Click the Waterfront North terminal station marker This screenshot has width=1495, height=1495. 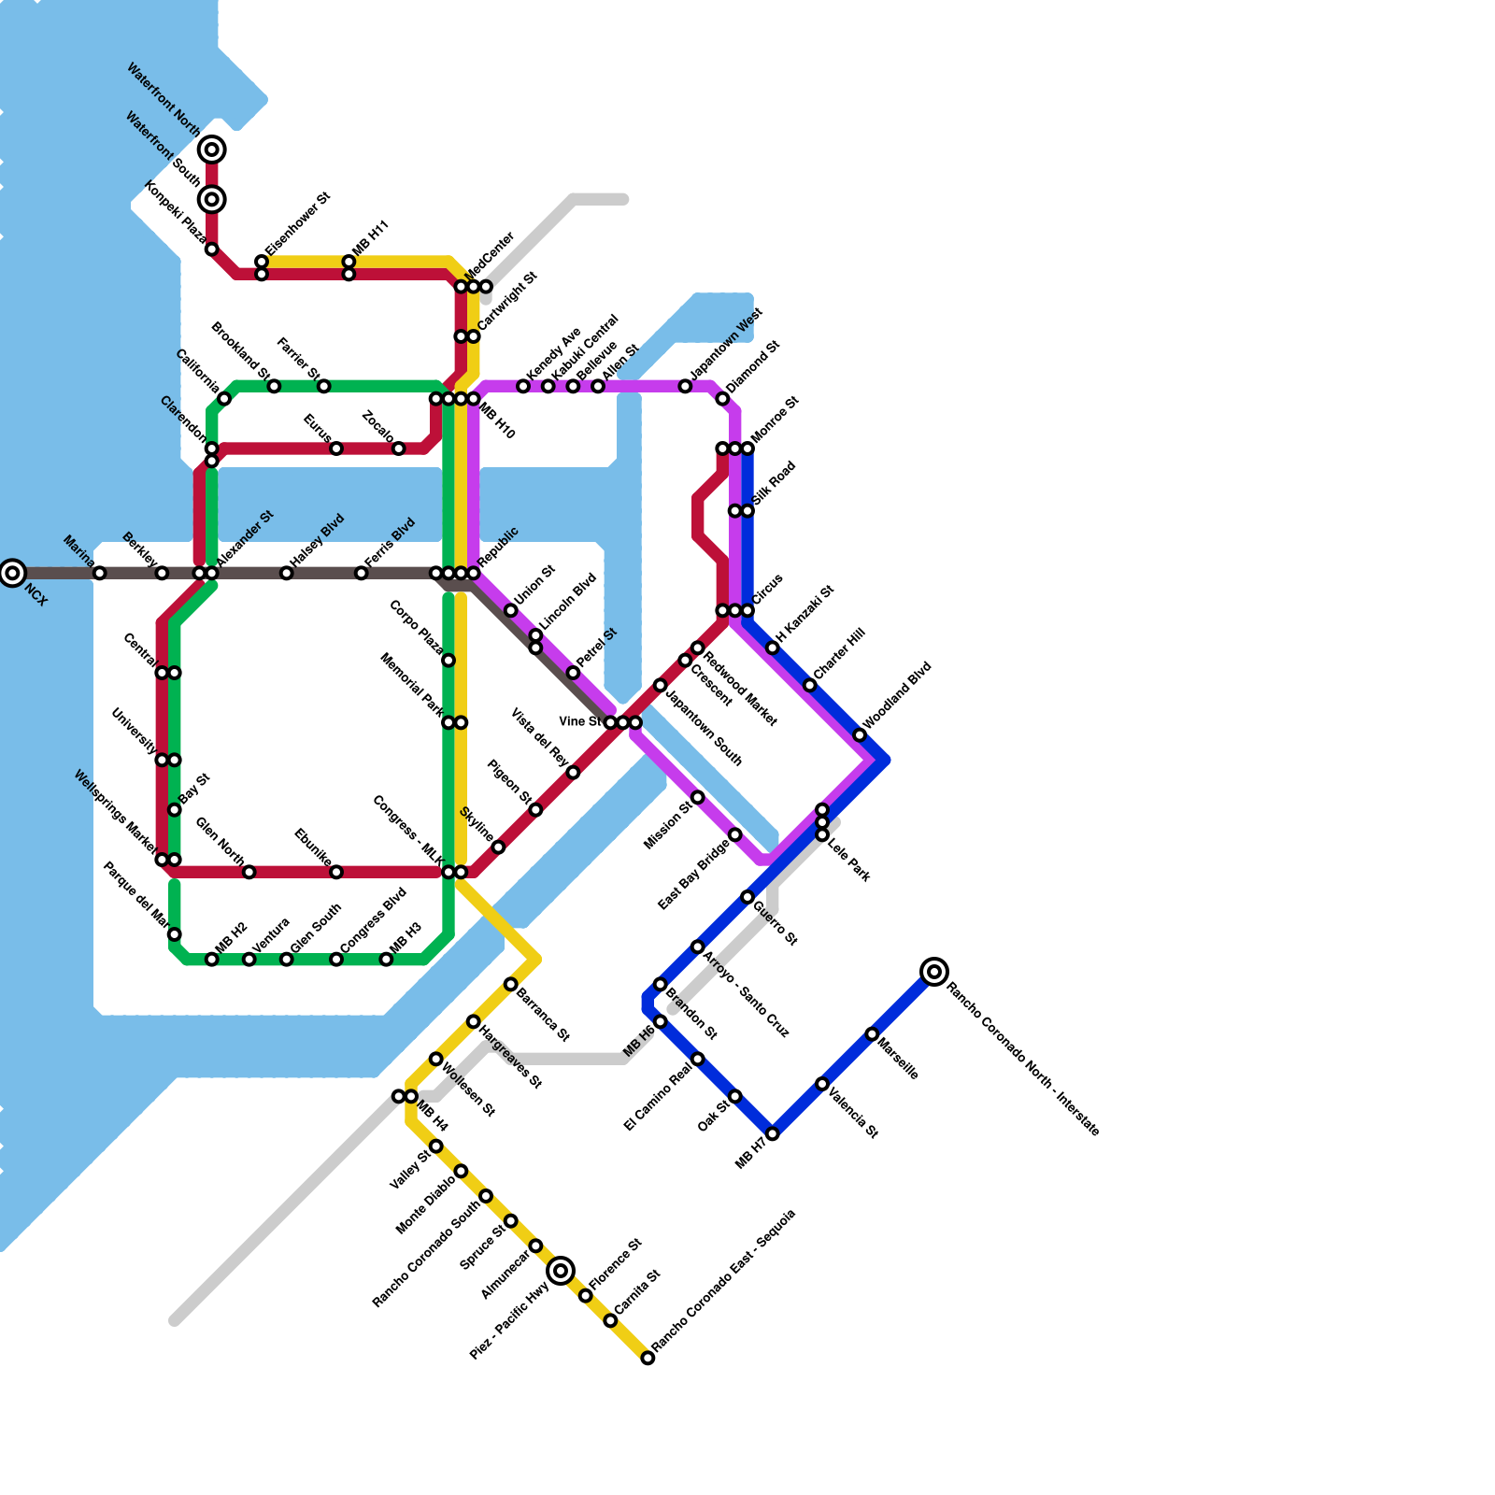pyautogui.click(x=212, y=149)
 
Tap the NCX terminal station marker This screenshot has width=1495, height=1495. pyautogui.click(x=12, y=573)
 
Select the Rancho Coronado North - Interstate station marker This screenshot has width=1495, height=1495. pyautogui.click(x=934, y=972)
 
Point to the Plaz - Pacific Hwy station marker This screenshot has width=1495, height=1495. pyautogui.click(x=561, y=1271)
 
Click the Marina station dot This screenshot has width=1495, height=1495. pyautogui.click(x=100, y=573)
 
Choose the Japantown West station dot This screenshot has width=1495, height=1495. pyautogui.click(x=685, y=386)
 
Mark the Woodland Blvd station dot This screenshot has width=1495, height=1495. pyautogui.click(x=860, y=735)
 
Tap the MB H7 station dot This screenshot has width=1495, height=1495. pyautogui.click(x=773, y=1133)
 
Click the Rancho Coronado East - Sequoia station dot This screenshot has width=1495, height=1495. pyautogui.click(x=648, y=1358)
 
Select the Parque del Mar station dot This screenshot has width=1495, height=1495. pyautogui.click(x=175, y=934)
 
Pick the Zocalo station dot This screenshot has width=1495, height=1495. pyautogui.click(x=399, y=448)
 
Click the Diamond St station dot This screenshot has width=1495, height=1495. pyautogui.click(x=722, y=399)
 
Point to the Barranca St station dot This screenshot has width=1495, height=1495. pyautogui.click(x=511, y=984)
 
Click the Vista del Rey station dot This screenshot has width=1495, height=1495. pyautogui.click(x=573, y=773)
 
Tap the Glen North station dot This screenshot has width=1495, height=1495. pyautogui.click(x=249, y=872)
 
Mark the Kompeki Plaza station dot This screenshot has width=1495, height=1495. pyautogui.click(x=212, y=249)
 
